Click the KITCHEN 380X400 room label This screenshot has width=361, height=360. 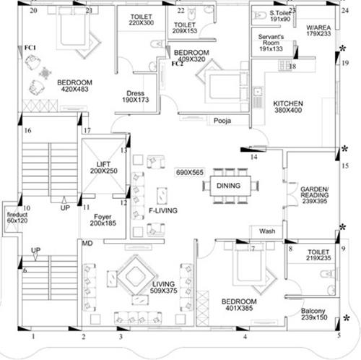[288, 108]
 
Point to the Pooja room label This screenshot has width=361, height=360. [222, 121]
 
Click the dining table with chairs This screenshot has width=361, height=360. [233, 186]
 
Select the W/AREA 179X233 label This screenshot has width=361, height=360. [318, 29]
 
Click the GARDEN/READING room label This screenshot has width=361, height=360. [314, 194]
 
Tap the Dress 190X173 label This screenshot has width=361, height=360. [135, 97]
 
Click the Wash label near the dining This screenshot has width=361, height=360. [266, 231]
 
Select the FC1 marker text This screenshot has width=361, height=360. [30, 48]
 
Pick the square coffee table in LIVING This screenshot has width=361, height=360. [130, 278]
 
